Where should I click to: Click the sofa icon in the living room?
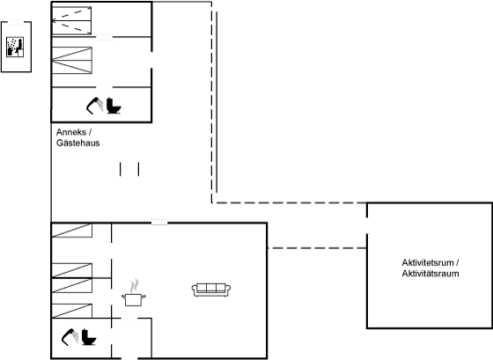coord(211,290)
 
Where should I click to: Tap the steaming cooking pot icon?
coord(134,292)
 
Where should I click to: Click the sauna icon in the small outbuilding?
coord(15,47)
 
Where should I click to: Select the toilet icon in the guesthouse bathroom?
coord(114,106)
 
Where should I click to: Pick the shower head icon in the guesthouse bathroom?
coord(94,106)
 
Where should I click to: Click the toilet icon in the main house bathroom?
coord(89,337)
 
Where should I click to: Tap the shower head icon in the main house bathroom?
coord(70,337)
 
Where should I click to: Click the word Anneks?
coord(71,132)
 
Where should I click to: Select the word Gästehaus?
coord(78,143)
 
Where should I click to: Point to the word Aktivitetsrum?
coord(428,262)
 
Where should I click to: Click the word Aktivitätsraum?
coord(430,274)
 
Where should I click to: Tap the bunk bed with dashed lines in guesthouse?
coord(71,20)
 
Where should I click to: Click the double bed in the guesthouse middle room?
coord(71,61)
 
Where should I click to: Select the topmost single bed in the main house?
coord(71,231)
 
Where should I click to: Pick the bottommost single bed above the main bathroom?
coord(71,311)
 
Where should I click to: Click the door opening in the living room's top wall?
coord(159,223)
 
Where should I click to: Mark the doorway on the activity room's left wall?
coord(367,225)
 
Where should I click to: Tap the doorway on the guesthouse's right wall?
coord(151,60)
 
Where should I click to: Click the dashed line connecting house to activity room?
coord(317,248)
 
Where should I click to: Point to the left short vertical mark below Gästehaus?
coord(120,169)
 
